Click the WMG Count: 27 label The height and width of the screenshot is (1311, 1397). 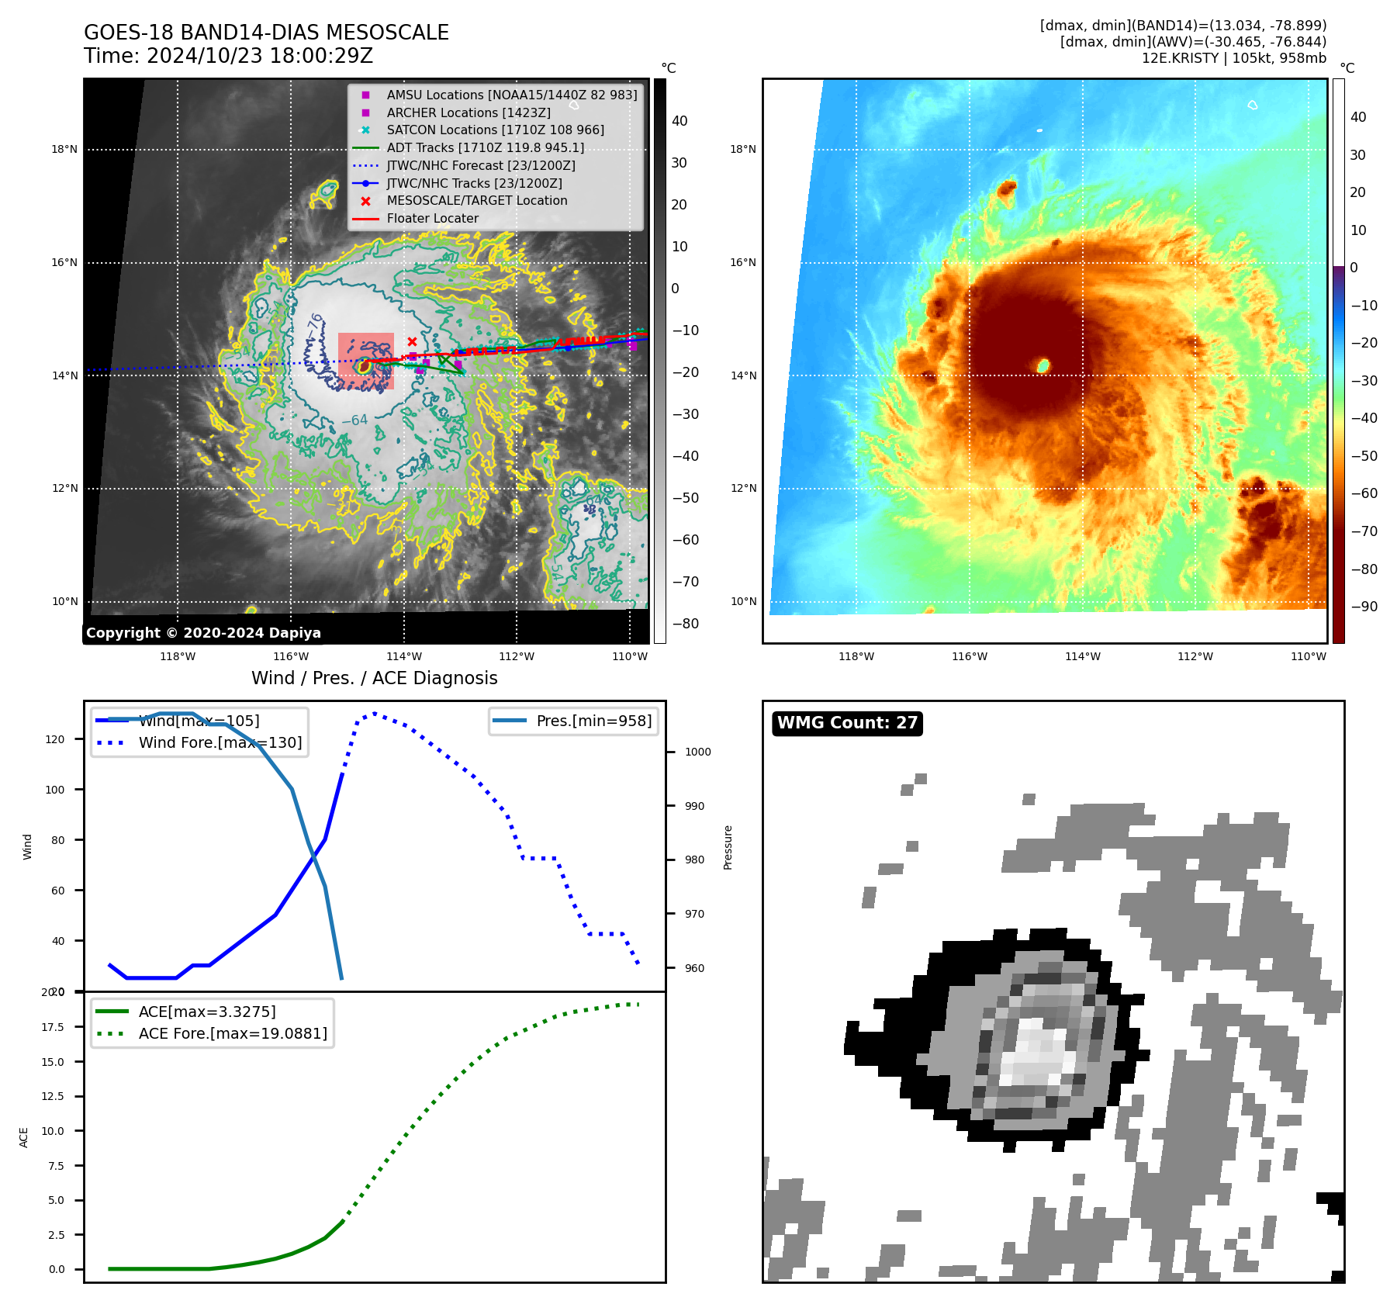click(x=847, y=723)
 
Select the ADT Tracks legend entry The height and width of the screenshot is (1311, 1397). click(x=485, y=147)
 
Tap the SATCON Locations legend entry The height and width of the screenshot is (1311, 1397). click(x=495, y=130)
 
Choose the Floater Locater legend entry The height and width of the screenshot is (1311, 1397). click(x=432, y=218)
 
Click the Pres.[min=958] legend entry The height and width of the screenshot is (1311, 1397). click(x=593, y=721)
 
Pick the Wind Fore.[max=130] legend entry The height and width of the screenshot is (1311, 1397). click(x=220, y=742)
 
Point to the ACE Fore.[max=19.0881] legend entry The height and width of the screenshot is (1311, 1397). click(x=232, y=1033)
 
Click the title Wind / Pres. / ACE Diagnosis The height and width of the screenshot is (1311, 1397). click(x=374, y=678)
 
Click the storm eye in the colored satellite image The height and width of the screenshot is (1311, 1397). click(x=1043, y=365)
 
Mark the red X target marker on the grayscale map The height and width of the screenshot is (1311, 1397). click(x=412, y=341)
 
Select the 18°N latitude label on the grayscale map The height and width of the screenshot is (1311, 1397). click(x=64, y=149)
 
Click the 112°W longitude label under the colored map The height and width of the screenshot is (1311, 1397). click(x=1195, y=656)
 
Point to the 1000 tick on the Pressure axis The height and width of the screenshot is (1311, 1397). click(x=697, y=752)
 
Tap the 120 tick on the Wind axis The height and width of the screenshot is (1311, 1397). click(x=55, y=739)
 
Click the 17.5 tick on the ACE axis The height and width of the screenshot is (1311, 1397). click(x=53, y=1027)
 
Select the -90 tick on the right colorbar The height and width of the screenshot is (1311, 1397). click(x=1364, y=607)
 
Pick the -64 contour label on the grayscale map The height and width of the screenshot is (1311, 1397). click(x=355, y=420)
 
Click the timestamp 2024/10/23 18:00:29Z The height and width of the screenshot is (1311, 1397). click(x=260, y=56)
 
